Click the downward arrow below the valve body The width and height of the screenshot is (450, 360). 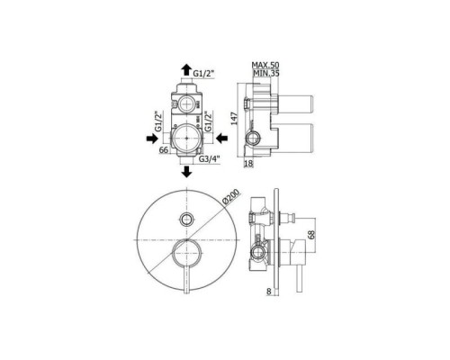pyautogui.click(x=187, y=171)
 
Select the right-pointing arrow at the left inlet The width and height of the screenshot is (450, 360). pyautogui.click(x=148, y=138)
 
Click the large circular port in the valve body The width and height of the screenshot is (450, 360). pyautogui.click(x=186, y=138)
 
